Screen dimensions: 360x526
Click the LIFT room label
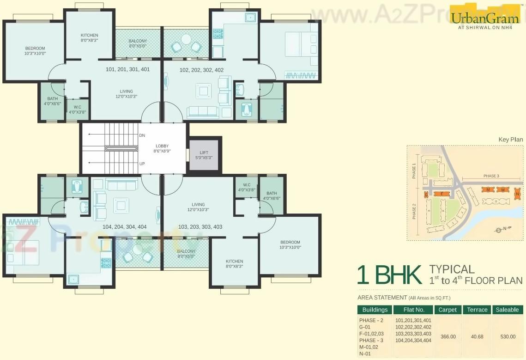click(x=204, y=153)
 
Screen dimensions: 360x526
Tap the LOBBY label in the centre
click(x=162, y=146)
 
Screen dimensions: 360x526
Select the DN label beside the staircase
click(x=142, y=136)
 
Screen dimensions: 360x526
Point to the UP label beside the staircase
click(x=142, y=164)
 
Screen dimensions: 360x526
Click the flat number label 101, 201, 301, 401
click(x=127, y=70)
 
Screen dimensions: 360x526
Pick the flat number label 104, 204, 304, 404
click(x=125, y=227)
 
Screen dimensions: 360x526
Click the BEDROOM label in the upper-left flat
click(x=35, y=49)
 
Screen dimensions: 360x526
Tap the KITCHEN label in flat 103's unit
click(x=235, y=262)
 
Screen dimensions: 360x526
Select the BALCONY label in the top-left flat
click(x=138, y=41)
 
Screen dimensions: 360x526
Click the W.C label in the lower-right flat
click(x=247, y=185)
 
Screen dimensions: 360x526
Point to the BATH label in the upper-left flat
click(x=52, y=98)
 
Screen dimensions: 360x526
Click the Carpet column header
click(x=448, y=310)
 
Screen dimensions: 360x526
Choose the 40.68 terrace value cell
click(x=477, y=336)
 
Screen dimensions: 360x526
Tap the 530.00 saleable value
click(x=508, y=336)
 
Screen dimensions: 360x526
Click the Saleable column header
click(x=508, y=310)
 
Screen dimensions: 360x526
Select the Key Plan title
click(x=511, y=140)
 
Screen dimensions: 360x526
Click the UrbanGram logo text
click(x=485, y=18)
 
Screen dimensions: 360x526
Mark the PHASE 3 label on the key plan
click(x=491, y=176)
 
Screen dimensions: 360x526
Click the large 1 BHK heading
click(x=389, y=275)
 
